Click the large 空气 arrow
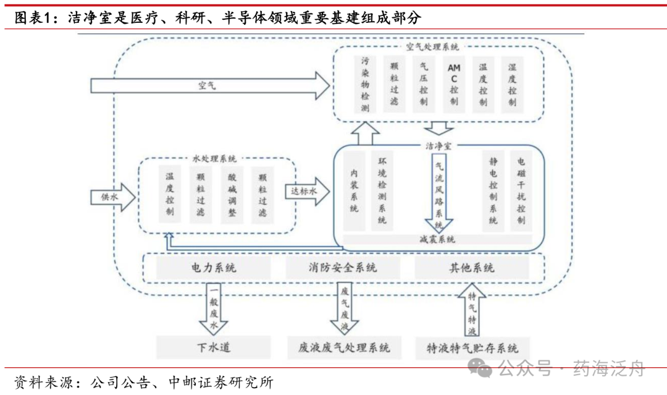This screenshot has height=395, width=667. point(210,85)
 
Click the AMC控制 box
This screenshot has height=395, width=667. point(454,85)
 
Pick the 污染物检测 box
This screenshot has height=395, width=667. point(365,85)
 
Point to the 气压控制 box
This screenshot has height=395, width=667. point(424,85)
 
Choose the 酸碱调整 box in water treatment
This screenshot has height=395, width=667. point(232,194)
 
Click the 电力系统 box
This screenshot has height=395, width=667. point(214,268)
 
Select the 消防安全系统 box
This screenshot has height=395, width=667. point(343,268)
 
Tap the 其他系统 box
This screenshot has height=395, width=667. point(471,268)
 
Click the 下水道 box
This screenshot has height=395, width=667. point(214,347)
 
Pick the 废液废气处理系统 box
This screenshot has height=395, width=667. point(340,347)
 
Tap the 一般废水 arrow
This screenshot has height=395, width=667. point(214,308)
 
